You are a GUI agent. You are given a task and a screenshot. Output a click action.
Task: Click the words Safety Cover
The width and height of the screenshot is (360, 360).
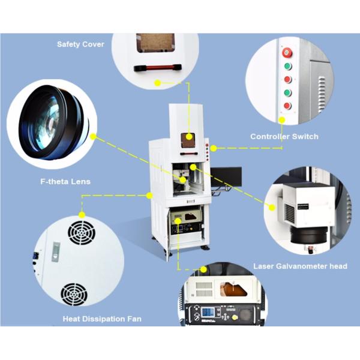tap(80, 44)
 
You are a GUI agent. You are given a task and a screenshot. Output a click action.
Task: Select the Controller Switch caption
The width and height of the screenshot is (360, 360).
tap(284, 137)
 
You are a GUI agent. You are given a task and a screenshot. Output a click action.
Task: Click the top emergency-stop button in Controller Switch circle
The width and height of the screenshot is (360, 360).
tap(287, 52)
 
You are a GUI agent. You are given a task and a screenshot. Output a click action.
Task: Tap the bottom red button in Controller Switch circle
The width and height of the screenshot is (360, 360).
tap(287, 106)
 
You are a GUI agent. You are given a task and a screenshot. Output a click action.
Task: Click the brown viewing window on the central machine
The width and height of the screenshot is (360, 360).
tap(188, 137)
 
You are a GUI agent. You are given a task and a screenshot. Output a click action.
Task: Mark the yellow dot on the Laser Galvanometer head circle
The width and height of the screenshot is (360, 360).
tap(271, 208)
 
